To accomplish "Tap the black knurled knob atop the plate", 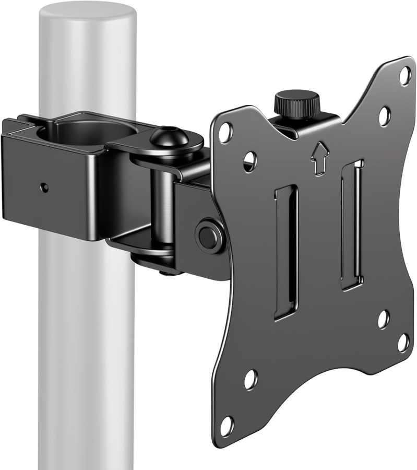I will point(297,101).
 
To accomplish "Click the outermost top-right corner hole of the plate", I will point(405,76).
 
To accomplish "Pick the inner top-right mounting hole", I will point(385,115).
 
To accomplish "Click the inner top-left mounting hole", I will point(250,161).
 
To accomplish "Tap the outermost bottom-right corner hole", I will point(403,343).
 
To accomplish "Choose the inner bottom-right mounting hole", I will point(384,319).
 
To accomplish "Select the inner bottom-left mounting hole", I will point(251,380).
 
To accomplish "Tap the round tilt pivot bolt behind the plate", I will point(209,237).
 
